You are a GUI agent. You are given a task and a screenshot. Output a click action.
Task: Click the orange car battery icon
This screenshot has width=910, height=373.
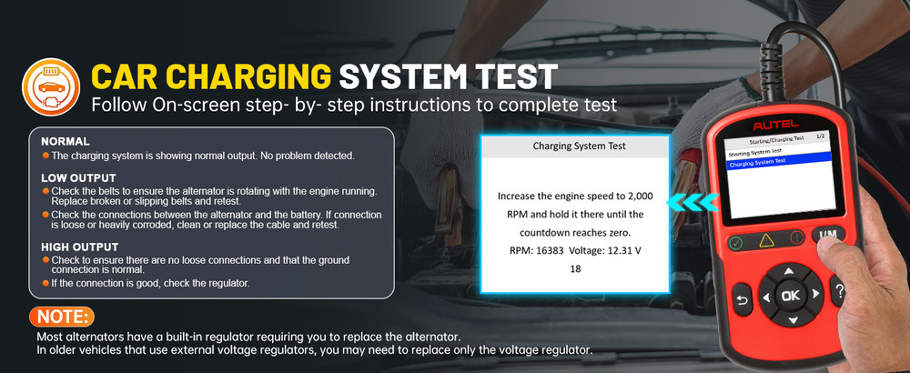[x=46, y=85]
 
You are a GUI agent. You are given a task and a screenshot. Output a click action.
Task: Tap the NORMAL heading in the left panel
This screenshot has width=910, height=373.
[x=66, y=142]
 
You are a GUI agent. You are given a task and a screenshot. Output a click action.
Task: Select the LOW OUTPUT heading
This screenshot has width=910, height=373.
[x=78, y=176]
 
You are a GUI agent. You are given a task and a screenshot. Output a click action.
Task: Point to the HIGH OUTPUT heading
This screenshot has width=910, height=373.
[x=80, y=247]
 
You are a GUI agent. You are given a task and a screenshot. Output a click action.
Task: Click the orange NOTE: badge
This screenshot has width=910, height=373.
[x=62, y=318]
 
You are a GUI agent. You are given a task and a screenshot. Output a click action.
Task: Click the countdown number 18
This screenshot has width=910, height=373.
[x=575, y=269]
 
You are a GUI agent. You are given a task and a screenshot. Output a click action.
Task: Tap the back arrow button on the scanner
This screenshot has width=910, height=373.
[x=742, y=301]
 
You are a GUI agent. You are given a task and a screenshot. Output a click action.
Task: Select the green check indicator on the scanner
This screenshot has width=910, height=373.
[x=735, y=244]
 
